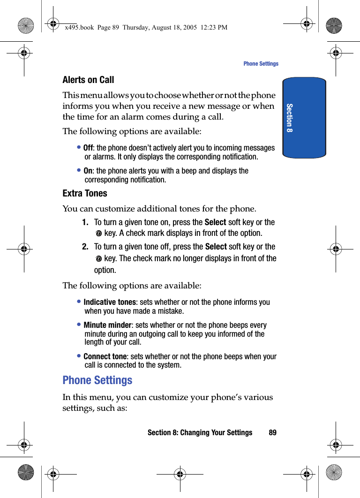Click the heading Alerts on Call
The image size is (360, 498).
coord(88,80)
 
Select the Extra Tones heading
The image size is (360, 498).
coord(85,193)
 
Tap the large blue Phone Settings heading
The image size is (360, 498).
coord(97,380)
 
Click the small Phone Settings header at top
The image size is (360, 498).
coord(261,64)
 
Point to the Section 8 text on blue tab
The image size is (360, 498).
coord(290,118)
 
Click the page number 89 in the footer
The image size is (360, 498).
coord(272,432)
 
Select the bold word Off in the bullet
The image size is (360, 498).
coord(88,148)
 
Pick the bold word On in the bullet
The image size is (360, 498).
coord(88,171)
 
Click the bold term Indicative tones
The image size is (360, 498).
coord(109,302)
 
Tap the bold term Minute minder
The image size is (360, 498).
coord(107,325)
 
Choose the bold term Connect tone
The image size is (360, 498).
coord(105,357)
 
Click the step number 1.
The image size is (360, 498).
coord(85,222)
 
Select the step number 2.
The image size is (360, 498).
coord(85,247)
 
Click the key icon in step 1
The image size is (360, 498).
coord(98,234)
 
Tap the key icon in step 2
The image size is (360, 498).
coord(98,259)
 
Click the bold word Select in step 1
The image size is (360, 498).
coord(216,222)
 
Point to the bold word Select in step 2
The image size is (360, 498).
coord(216,247)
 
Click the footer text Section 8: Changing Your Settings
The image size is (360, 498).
coord(200,432)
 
